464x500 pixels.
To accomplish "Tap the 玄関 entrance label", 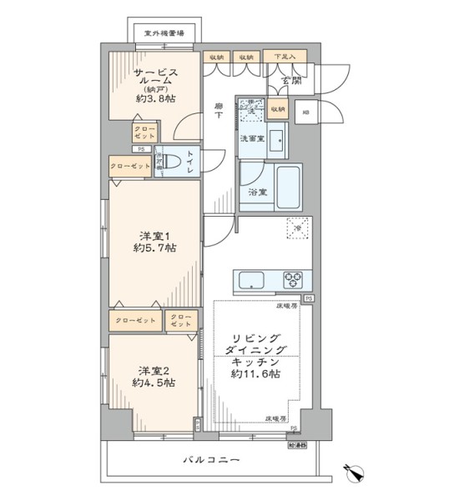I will pyautogui.click(x=290, y=81).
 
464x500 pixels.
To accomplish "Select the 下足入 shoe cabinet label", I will pyautogui.click(x=286, y=57).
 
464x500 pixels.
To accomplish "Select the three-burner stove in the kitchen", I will pyautogui.click(x=295, y=278).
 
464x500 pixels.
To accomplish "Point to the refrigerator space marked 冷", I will pyautogui.click(x=295, y=224).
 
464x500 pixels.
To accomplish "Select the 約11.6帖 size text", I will pyautogui.click(x=255, y=374).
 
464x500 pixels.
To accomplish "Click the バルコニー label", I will pyautogui.click(x=211, y=460).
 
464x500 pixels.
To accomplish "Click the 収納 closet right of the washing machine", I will pyautogui.click(x=277, y=107).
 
